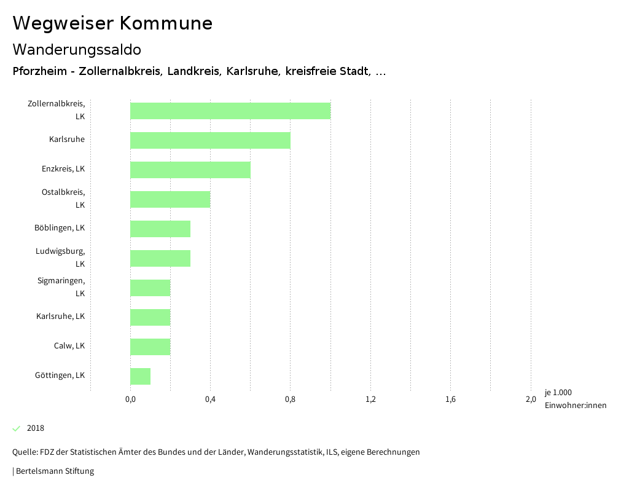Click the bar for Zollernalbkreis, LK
pos(230,111)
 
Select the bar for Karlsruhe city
pos(210,140)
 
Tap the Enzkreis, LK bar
pos(190,170)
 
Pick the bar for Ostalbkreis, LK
pos(170,199)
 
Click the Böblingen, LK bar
pos(160,229)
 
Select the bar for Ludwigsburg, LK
pos(160,258)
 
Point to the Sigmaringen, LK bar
pos(150,288)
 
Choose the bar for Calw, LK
pos(150,347)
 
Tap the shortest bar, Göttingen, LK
pos(141,376)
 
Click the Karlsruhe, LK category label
pos(60,316)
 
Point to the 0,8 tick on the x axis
pos(291,399)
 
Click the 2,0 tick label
pos(531,399)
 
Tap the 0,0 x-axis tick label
pos(130,399)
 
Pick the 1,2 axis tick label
pos(370,399)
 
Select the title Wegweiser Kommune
pos(112,23)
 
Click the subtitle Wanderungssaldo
pos(77,49)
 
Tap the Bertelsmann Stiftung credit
pos(54,471)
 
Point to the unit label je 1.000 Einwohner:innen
pos(575,399)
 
